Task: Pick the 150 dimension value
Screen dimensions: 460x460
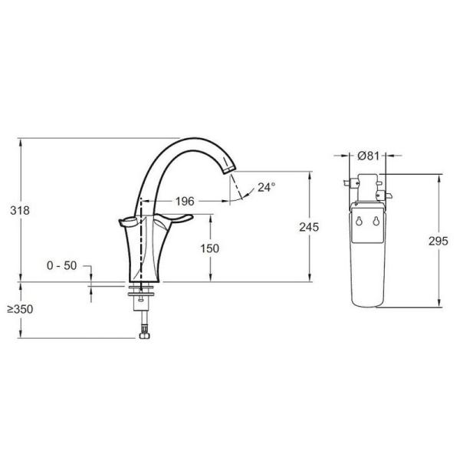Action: point(209,248)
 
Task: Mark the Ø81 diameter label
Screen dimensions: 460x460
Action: point(370,156)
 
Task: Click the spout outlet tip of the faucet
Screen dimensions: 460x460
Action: point(229,173)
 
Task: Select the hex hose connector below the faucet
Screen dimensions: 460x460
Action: point(142,332)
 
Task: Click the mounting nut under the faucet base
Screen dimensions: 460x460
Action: point(143,291)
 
